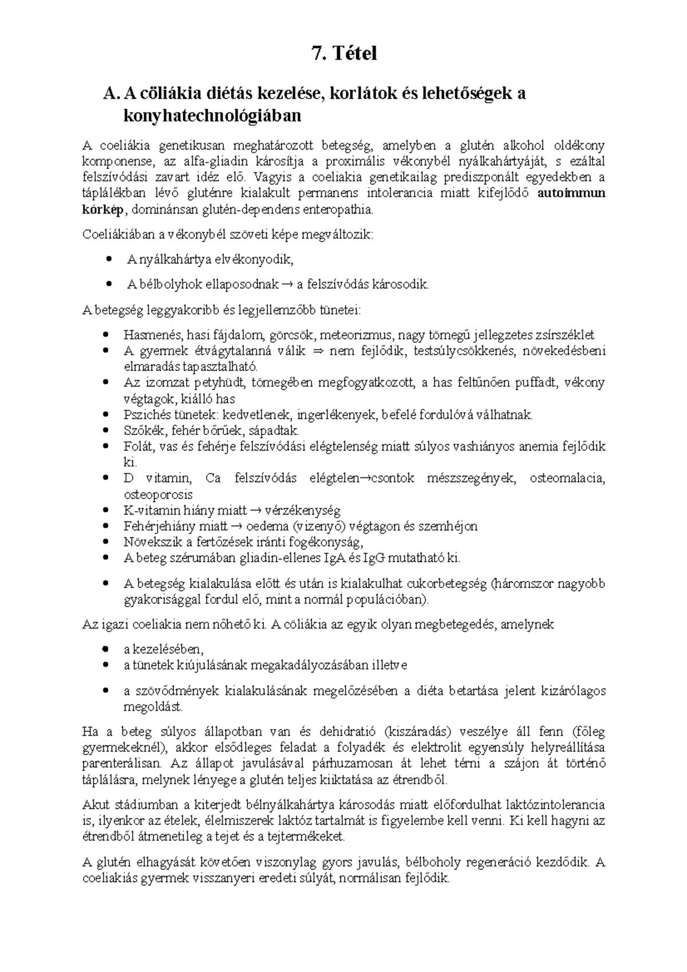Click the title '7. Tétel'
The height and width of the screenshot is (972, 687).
344,53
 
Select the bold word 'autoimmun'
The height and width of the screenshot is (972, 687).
571,193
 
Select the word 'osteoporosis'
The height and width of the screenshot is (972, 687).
157,494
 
